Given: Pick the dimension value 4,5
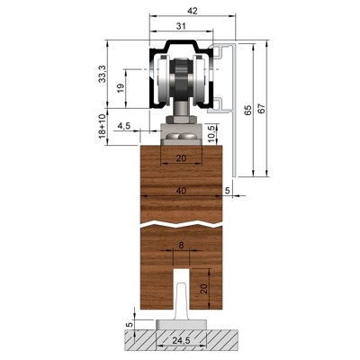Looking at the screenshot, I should pos(124,125).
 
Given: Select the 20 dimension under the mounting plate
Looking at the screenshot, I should pos(184,158).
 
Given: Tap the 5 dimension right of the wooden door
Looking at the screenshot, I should pos(229,190).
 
